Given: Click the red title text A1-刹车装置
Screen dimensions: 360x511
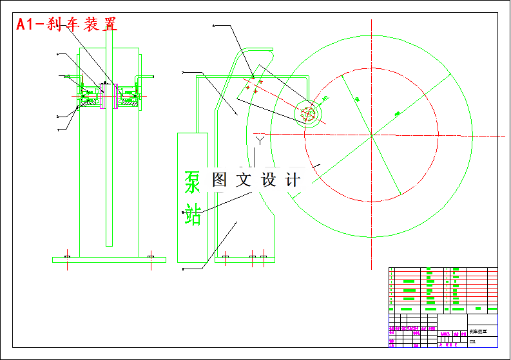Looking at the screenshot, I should tap(67, 24).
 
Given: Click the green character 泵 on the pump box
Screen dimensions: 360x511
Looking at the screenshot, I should tap(193, 182).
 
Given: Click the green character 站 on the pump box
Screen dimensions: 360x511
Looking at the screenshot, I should tap(193, 214).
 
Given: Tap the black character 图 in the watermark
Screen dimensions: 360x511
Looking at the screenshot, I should tap(220, 180).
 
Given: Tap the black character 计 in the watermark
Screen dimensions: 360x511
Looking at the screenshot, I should tap(292, 180).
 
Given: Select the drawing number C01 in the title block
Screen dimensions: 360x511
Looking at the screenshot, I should tap(473, 342).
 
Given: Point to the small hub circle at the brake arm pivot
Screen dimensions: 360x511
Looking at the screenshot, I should tap(309, 113).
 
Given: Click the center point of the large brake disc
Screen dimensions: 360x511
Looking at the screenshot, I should tap(371, 135).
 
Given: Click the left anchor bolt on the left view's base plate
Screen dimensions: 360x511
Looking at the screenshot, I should tap(67, 258).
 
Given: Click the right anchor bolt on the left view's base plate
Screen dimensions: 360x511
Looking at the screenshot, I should tap(150, 258).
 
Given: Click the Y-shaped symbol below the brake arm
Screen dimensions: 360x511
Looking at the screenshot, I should tap(260, 138).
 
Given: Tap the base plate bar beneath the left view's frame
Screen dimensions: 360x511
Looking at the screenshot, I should tap(109, 260).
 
